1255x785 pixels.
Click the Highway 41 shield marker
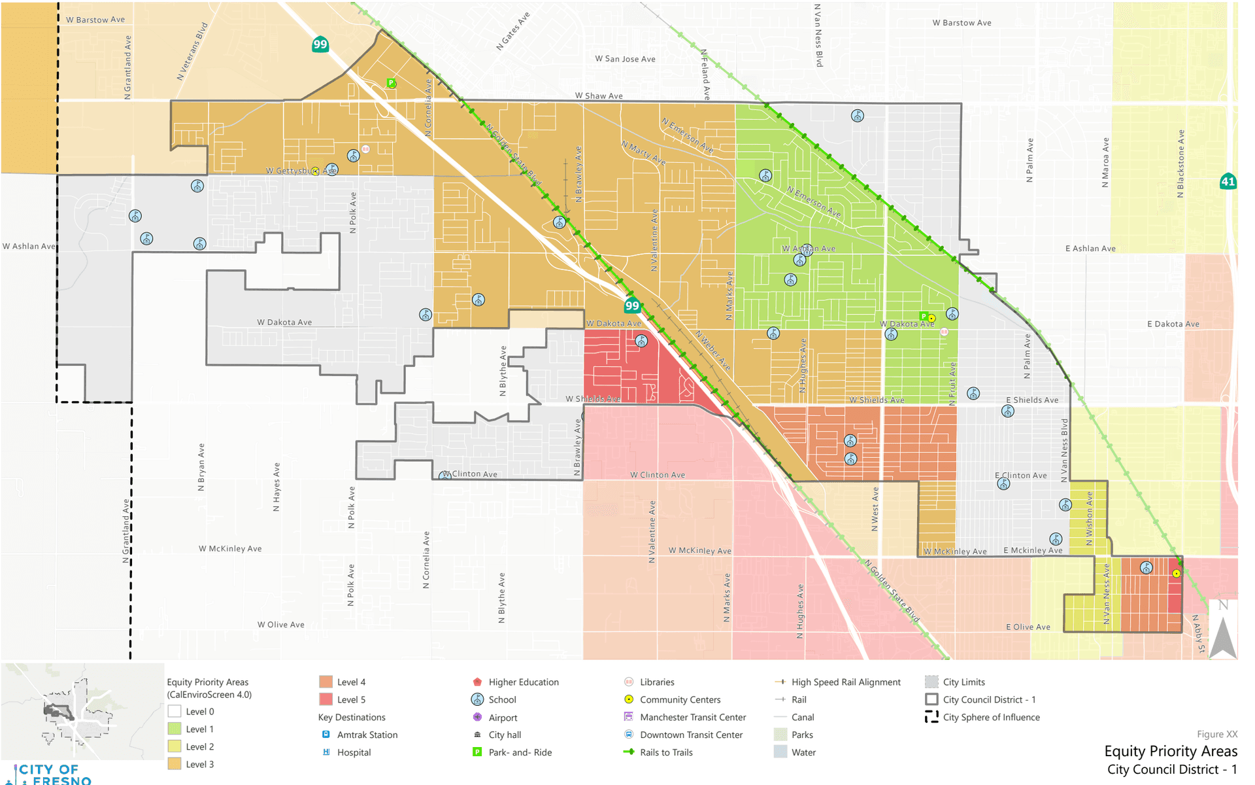pyautogui.click(x=1228, y=181)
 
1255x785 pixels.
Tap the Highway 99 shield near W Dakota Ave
pyautogui.click(x=631, y=305)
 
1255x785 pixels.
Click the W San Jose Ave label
pyautogui.click(x=625, y=59)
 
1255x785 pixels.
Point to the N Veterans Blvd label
pyautogui.click(x=192, y=52)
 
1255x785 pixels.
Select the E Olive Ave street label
pyautogui.click(x=1028, y=627)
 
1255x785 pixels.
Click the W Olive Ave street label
pyautogui.click(x=280, y=625)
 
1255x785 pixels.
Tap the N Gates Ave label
pyautogui.click(x=513, y=31)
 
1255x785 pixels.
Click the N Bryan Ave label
pyautogui.click(x=201, y=467)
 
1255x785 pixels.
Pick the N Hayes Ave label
pyautogui.click(x=276, y=487)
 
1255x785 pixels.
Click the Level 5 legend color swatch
pyautogui.click(x=326, y=699)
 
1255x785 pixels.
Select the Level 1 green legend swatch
pyautogui.click(x=174, y=729)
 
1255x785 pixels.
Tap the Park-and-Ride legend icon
pyautogui.click(x=477, y=752)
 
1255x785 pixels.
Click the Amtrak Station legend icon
pyautogui.click(x=326, y=735)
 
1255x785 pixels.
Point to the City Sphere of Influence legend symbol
pyautogui.click(x=931, y=717)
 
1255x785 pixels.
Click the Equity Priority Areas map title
pyautogui.click(x=1170, y=751)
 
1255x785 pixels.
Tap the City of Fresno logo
pyautogui.click(x=49, y=774)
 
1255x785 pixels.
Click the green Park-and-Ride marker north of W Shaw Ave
pyautogui.click(x=391, y=83)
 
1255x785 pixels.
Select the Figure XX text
pyautogui.click(x=1216, y=734)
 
